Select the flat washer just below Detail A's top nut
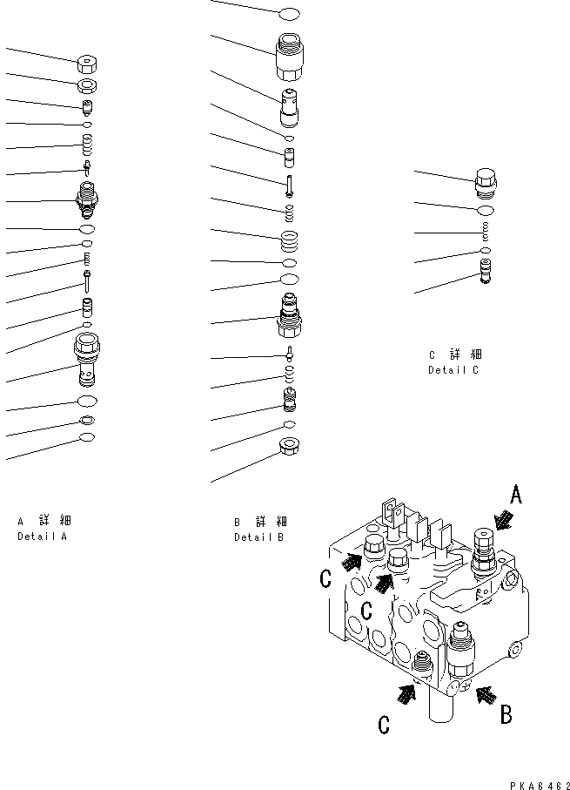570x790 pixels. (x=88, y=84)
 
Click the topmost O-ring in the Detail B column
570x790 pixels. (x=289, y=14)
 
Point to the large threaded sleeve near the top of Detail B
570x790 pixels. (x=288, y=56)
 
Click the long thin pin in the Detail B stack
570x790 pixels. (x=288, y=184)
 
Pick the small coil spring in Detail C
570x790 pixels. (x=486, y=232)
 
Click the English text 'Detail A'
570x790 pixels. (x=42, y=537)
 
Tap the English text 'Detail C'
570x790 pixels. (x=453, y=370)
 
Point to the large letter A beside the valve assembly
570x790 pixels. (x=516, y=496)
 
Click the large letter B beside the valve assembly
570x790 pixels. (x=506, y=715)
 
